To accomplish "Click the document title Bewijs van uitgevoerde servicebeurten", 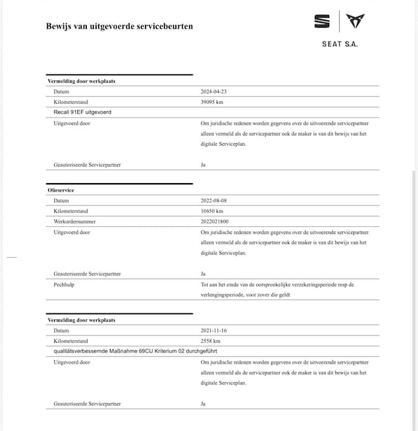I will click(119, 26).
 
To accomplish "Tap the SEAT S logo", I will click(322, 22).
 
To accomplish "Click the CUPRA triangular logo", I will click(355, 22).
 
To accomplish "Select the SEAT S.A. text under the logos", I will click(340, 44).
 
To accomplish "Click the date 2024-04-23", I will click(214, 92).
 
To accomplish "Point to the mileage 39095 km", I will click(213, 102).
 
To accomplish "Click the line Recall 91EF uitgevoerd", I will click(82, 112).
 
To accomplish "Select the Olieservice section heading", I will click(61, 190).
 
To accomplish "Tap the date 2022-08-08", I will click(214, 200).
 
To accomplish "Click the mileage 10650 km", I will click(213, 211).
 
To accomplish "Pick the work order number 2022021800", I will click(216, 221).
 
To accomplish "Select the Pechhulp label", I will click(64, 284).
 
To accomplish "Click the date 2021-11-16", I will click(214, 330).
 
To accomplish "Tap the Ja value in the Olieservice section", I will click(203, 273).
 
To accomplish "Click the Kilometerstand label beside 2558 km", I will click(71, 341).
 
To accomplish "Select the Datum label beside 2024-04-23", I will click(61, 92).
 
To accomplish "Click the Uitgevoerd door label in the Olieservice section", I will click(72, 232).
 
